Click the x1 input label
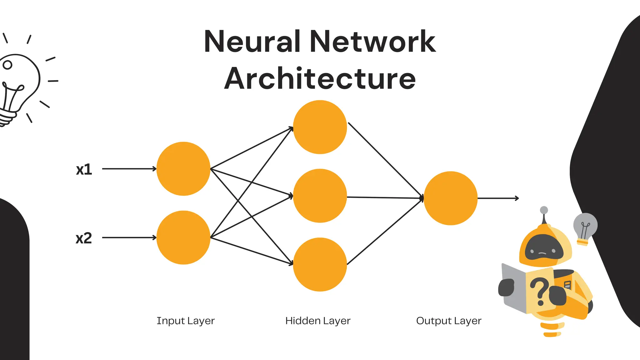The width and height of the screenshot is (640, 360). tap(84, 169)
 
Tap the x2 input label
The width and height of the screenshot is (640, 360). tap(84, 238)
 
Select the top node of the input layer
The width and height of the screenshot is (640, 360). tap(183, 169)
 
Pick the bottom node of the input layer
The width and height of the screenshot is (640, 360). tap(183, 237)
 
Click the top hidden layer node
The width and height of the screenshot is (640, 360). tap(320, 127)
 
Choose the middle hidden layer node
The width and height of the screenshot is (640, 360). tap(320, 196)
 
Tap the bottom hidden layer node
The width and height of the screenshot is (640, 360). tap(320, 264)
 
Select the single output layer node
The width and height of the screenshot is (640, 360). tap(451, 198)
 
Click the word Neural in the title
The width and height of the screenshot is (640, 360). tap(252, 42)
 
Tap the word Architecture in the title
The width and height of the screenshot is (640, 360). tap(320, 79)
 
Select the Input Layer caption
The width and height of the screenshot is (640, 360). tap(186, 321)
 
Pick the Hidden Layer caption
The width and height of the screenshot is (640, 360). tap(318, 321)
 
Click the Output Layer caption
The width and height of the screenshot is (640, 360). tap(449, 321)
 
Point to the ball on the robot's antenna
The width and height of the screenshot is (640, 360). tap(544, 210)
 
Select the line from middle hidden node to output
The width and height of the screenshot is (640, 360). tap(384, 197)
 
